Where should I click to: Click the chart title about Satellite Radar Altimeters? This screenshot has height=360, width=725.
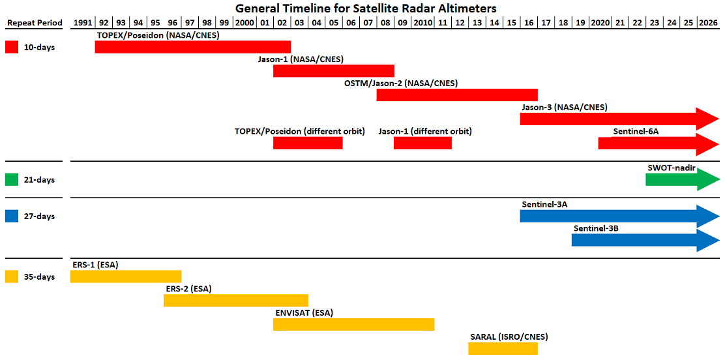click(362, 8)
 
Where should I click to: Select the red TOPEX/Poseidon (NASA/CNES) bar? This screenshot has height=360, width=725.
click(193, 47)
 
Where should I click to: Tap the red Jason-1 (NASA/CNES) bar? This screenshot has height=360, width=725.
click(334, 71)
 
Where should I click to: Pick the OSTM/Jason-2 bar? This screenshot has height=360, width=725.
click(457, 95)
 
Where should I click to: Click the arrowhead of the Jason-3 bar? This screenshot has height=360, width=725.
click(708, 119)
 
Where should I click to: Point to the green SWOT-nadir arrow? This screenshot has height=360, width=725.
click(683, 179)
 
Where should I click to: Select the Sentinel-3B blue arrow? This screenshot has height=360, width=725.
click(646, 240)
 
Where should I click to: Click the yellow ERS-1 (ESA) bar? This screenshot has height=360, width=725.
click(126, 277)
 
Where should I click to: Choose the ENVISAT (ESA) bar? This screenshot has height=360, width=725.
click(354, 324)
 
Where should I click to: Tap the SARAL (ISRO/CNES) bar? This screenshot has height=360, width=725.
click(503, 348)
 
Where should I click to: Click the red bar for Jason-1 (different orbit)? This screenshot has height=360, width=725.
click(422, 143)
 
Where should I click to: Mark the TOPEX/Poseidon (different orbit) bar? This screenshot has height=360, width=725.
click(308, 143)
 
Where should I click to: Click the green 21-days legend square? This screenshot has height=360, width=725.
click(12, 179)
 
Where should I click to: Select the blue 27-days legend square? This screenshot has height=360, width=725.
click(12, 216)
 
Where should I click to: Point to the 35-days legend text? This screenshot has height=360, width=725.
click(39, 277)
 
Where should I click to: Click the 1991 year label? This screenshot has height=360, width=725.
click(82, 23)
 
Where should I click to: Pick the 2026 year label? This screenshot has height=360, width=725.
click(708, 23)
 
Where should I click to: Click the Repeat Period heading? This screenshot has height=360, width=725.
click(35, 23)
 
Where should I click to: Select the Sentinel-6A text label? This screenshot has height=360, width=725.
click(636, 132)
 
